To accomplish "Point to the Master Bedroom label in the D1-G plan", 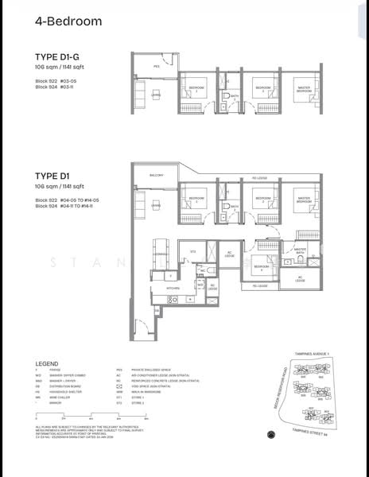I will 304,89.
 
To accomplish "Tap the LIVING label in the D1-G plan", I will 156,95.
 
